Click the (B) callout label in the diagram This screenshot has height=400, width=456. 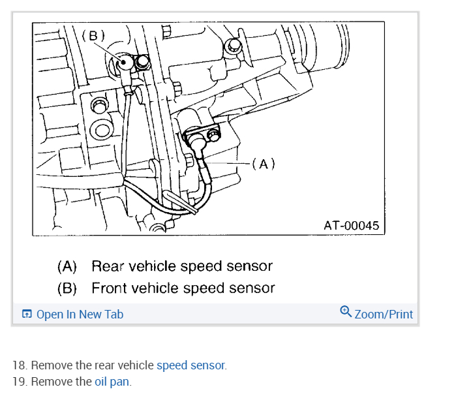(93, 35)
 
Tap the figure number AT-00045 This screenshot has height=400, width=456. (351, 225)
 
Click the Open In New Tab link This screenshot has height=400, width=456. (80, 315)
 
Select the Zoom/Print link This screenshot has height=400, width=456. (384, 315)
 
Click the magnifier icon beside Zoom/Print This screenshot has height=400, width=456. (346, 312)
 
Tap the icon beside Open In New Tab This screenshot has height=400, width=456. (27, 315)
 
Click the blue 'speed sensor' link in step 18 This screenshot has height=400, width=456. (191, 365)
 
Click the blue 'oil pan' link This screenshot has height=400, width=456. (112, 382)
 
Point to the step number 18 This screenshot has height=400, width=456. (19, 365)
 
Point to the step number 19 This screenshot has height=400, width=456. (19, 382)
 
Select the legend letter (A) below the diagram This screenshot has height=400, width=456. (67, 266)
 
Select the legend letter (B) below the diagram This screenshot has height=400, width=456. (67, 288)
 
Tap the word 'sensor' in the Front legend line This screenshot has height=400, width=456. (254, 288)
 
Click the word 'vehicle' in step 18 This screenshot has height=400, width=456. (136, 365)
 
